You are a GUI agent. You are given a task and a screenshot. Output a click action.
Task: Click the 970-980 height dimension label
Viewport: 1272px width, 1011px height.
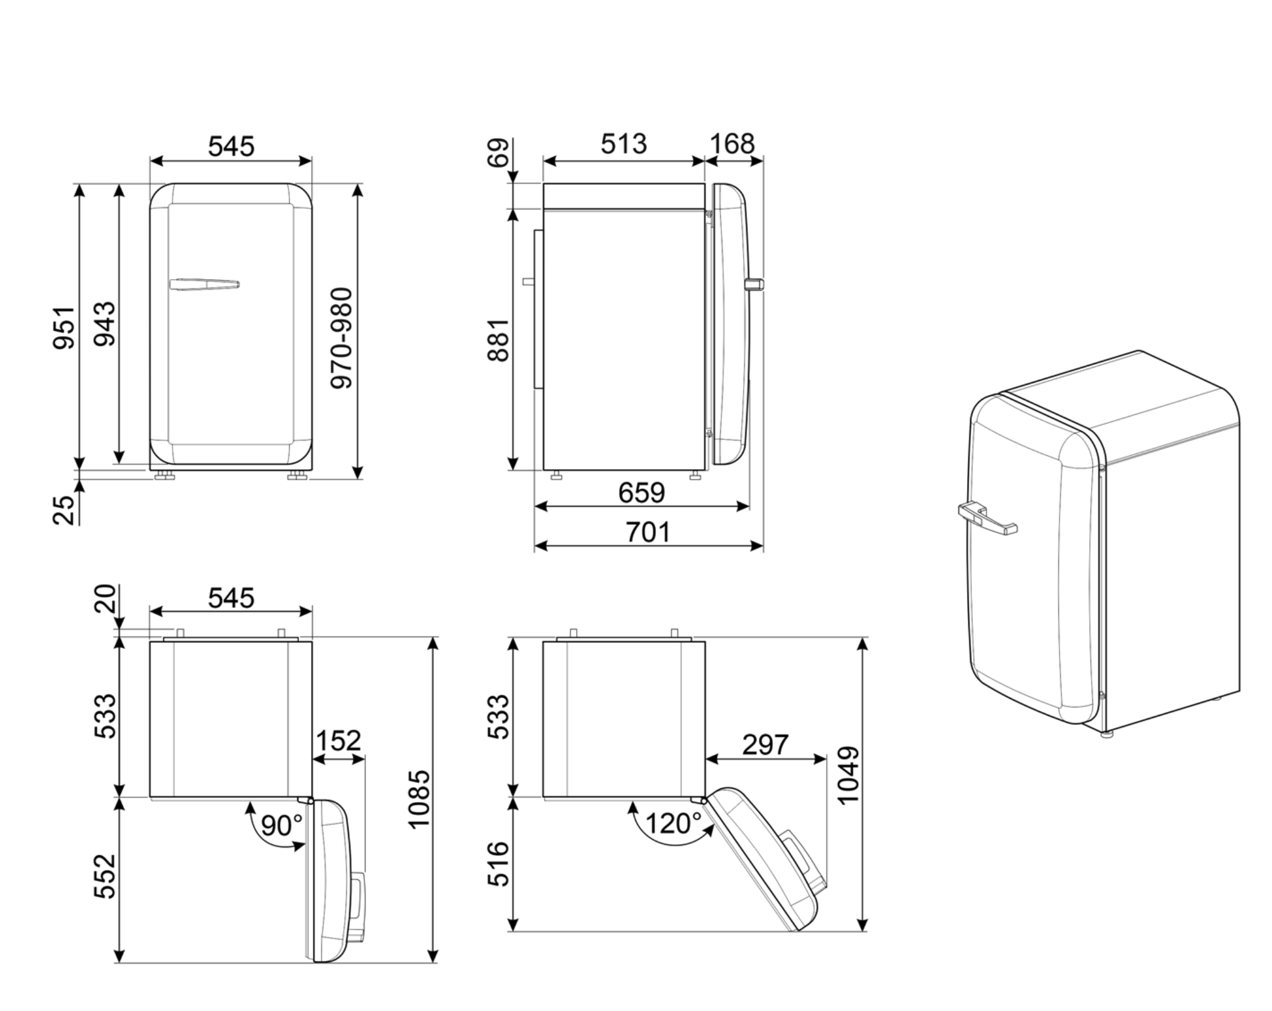[x=342, y=338]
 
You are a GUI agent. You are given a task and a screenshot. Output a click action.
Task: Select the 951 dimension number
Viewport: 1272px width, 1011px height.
[x=64, y=328]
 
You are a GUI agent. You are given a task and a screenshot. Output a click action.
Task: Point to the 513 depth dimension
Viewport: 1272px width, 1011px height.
[x=623, y=144]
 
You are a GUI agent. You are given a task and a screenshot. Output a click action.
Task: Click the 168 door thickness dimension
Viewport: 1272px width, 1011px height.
[x=732, y=144]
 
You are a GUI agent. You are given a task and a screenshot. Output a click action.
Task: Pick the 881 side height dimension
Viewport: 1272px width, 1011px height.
[x=499, y=340]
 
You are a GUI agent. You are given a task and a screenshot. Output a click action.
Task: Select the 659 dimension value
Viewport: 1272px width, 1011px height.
[x=641, y=493]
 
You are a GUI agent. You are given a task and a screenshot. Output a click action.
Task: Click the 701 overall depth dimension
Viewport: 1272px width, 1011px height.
[x=647, y=533]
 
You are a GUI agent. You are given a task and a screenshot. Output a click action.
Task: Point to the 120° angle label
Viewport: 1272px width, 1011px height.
[x=673, y=823]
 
